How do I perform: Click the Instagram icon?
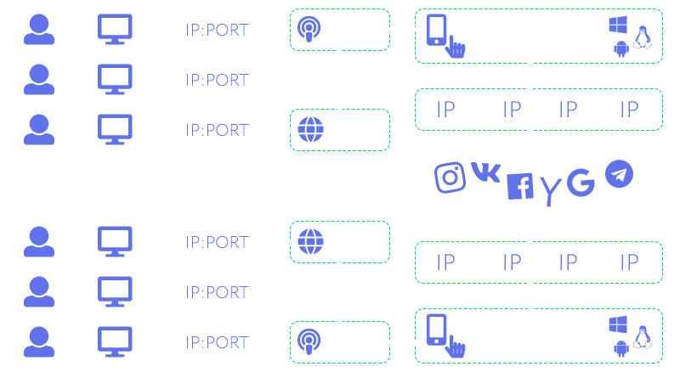click(450, 177)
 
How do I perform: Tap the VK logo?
click(485, 172)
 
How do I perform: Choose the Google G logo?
click(581, 183)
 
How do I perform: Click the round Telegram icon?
click(619, 175)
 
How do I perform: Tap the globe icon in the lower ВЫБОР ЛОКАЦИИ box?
click(308, 242)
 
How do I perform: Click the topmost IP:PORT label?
click(217, 31)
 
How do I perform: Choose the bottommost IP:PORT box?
click(217, 342)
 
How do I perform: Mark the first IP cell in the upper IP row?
click(445, 110)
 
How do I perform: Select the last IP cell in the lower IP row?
click(630, 262)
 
